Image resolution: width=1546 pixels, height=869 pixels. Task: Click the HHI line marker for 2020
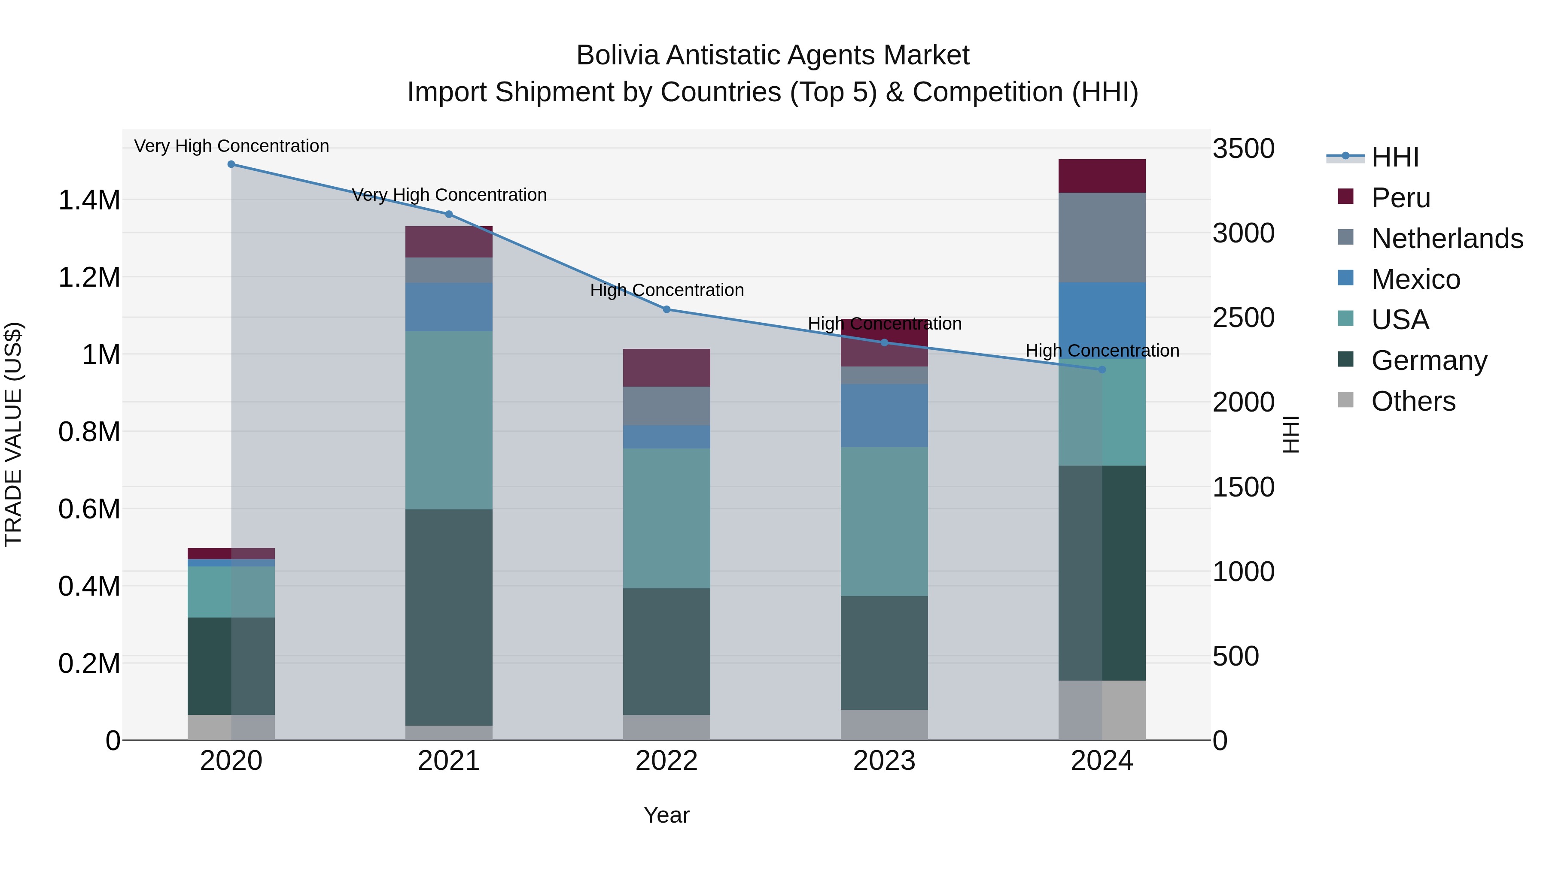click(231, 164)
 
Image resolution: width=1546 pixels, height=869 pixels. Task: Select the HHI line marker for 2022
click(666, 309)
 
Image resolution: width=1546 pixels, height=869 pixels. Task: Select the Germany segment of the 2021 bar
click(449, 617)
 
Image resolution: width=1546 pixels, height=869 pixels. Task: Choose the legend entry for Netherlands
click(1446, 239)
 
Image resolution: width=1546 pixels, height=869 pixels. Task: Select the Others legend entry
click(1413, 401)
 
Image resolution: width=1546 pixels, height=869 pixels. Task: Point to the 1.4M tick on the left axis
click(89, 200)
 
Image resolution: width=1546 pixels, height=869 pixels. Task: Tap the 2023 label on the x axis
click(884, 761)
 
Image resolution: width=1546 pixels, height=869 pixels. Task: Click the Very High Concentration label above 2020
click(231, 146)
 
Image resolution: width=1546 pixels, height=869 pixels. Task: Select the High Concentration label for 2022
click(666, 290)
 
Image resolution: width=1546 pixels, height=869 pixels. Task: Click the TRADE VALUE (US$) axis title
click(13, 434)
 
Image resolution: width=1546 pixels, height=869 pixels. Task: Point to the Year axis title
click(666, 815)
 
